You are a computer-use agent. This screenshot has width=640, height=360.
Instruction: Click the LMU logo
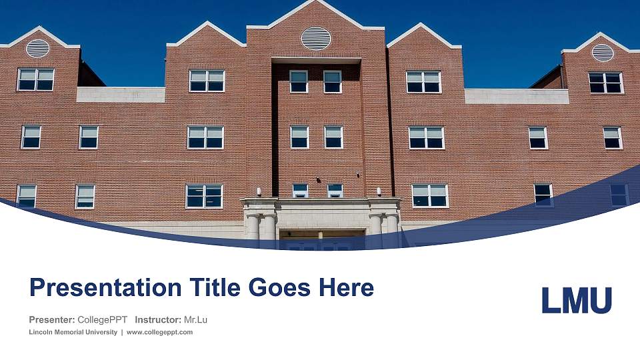point(576,300)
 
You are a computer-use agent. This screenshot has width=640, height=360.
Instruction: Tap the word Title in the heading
point(212,288)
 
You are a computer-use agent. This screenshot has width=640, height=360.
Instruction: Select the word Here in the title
point(345,288)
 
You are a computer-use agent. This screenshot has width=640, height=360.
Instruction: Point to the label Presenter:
point(51,320)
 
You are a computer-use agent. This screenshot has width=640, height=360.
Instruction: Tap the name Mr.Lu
point(195,320)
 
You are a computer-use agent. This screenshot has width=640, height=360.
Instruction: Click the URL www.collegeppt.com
point(159,332)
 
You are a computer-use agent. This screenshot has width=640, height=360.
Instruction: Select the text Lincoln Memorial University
point(73,332)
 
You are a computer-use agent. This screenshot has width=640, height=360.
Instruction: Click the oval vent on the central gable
point(315,39)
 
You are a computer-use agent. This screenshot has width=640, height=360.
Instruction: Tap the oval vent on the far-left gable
point(37,48)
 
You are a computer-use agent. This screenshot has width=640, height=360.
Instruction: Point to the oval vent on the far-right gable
point(602,52)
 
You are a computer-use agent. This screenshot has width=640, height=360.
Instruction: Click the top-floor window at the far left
point(35,79)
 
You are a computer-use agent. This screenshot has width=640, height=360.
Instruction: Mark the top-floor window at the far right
point(605,83)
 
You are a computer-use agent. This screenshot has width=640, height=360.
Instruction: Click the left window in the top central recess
point(299,81)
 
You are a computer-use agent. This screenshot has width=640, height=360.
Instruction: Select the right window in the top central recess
point(333,81)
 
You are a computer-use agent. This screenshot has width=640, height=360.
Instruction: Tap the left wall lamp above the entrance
point(257,191)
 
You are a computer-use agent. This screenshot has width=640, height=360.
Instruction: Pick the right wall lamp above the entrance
point(379,191)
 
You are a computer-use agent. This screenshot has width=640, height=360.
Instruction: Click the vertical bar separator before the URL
point(122,332)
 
